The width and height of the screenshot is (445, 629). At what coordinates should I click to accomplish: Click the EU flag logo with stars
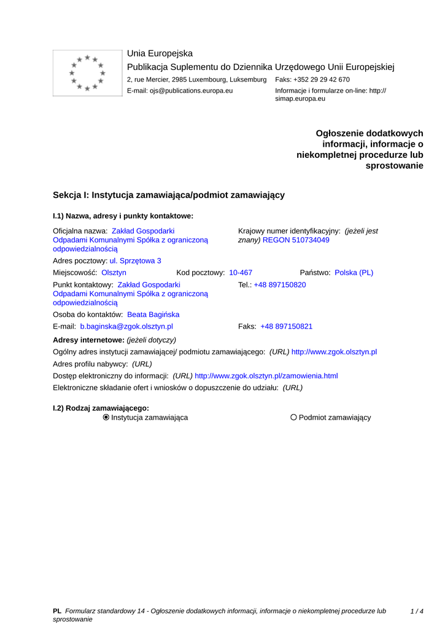pos(87,73)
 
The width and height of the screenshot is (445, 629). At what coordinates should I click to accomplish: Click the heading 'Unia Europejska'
pos(160,53)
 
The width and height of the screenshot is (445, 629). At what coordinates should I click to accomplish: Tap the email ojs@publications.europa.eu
pos(191,91)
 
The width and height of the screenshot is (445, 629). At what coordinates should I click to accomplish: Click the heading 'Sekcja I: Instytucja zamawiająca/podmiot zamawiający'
pos(169,195)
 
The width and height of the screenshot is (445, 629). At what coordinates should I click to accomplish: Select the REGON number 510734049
pos(296,240)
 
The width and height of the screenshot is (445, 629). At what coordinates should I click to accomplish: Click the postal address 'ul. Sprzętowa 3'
pos(136,261)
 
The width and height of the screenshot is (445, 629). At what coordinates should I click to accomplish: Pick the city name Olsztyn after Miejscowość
pos(114,273)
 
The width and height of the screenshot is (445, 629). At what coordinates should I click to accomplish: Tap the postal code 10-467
pos(241,273)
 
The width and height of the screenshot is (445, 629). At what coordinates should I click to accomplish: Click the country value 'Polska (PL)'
pos(354,273)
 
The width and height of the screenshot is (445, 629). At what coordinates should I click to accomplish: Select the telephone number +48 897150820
pos(280,285)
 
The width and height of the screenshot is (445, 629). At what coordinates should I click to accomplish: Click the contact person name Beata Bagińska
pos(153,314)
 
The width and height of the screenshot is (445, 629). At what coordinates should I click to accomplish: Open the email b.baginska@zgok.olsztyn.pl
pos(126,327)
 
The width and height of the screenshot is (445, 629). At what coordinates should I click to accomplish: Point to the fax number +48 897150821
pos(287,327)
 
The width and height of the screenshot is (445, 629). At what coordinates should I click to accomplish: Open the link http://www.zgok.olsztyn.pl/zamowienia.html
pos(266,376)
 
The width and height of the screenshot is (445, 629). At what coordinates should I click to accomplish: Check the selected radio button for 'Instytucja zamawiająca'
pos(106,418)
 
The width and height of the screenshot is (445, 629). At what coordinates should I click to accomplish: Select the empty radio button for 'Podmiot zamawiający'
pos(293,418)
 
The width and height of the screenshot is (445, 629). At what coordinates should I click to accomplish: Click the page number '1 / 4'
pos(417,611)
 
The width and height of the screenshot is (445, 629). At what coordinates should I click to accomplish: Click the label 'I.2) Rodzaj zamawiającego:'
pos(101,408)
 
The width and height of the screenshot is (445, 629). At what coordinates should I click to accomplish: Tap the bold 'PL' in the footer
pos(57,611)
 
